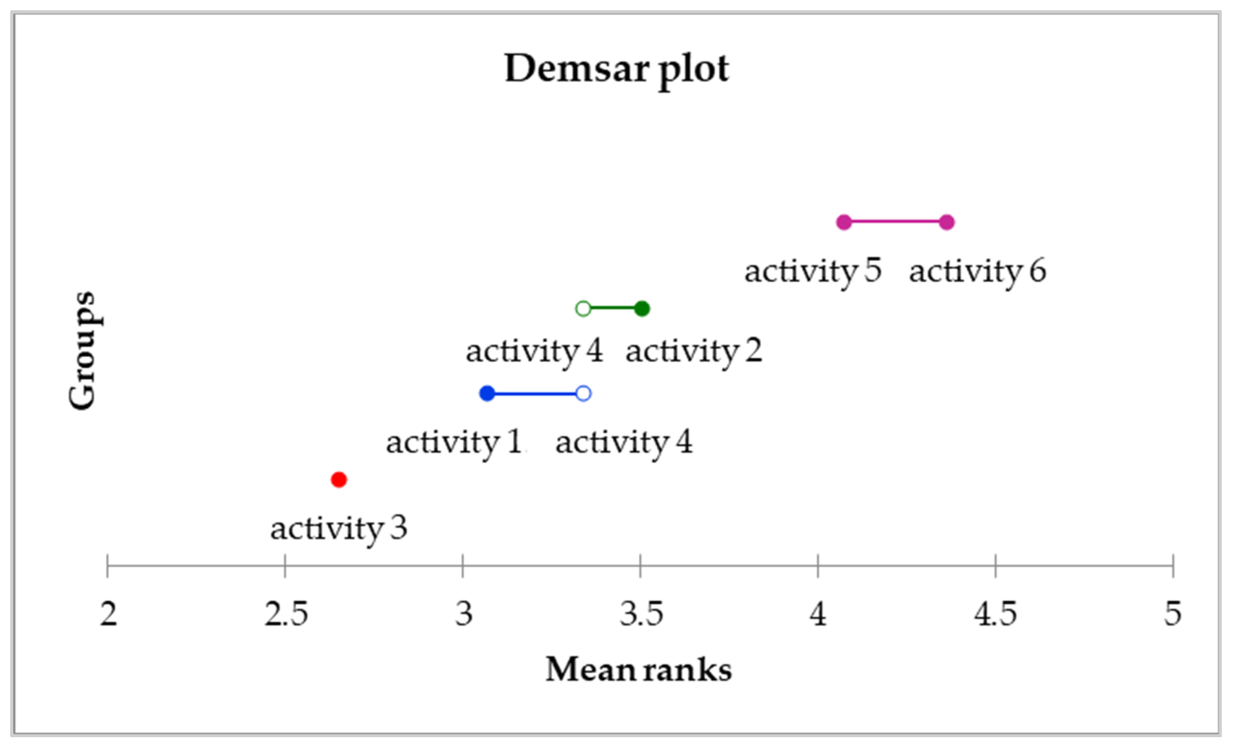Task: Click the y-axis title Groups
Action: click(81, 350)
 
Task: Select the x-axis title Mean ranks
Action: click(639, 669)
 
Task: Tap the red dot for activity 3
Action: click(339, 480)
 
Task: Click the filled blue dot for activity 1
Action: click(487, 394)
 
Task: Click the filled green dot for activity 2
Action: click(642, 309)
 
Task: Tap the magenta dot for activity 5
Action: click(844, 222)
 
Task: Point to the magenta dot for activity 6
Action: click(946, 222)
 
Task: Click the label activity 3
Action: click(339, 529)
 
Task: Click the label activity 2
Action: click(694, 351)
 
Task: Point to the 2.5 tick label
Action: click(286, 614)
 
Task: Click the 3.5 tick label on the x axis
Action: click(641, 614)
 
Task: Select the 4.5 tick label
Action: click(996, 614)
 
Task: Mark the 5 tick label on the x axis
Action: click(1173, 614)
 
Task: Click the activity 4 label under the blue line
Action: click(624, 442)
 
